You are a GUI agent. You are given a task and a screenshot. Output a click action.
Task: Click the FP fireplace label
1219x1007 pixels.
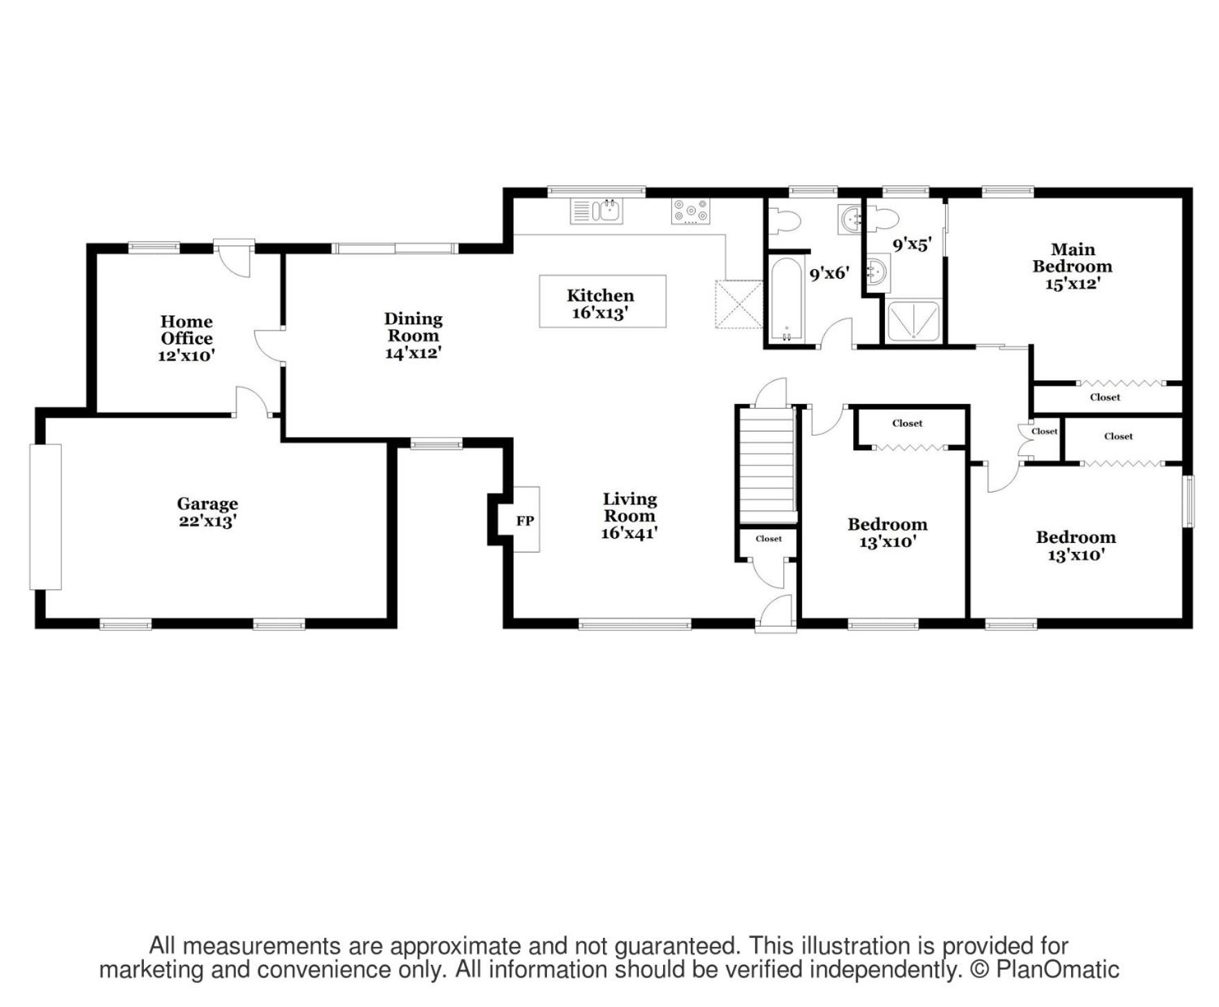(525, 521)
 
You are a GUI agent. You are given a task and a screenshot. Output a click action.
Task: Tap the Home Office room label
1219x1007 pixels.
(187, 330)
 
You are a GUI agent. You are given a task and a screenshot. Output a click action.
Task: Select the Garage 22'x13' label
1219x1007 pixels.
(207, 512)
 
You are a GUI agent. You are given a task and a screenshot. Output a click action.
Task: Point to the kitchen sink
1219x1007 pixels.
(596, 211)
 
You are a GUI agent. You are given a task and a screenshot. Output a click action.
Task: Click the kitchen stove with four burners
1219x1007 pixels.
(691, 211)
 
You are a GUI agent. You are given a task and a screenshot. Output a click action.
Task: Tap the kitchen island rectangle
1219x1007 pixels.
(602, 301)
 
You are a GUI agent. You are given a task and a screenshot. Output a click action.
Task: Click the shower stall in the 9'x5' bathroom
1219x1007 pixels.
(913, 320)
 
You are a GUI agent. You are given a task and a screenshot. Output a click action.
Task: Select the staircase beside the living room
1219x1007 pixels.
(767, 465)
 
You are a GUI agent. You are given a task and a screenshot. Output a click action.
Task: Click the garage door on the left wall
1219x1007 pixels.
(46, 517)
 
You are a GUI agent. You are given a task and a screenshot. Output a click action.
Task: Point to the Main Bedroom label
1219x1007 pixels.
(1072, 258)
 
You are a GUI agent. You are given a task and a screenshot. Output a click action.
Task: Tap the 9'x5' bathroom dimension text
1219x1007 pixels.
(912, 244)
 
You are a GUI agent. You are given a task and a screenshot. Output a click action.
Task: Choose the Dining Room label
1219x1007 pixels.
(413, 327)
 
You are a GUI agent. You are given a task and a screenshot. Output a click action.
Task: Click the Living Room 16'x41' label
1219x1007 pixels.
(629, 516)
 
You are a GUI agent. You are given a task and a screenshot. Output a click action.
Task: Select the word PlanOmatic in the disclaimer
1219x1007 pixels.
(1057, 970)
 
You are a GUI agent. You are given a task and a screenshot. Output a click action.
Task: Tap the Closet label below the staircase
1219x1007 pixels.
(769, 539)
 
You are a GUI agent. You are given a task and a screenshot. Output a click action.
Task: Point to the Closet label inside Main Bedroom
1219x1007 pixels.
(1105, 397)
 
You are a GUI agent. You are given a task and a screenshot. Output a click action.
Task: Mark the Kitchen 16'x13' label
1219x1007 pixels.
(600, 304)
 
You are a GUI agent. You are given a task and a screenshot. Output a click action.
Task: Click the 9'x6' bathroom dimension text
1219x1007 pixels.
(829, 273)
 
